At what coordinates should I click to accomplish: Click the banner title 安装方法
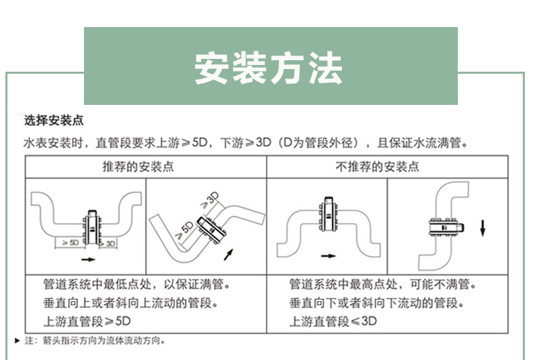[268, 68]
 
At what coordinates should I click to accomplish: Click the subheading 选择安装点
[54, 120]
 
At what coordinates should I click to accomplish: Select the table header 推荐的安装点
[138, 166]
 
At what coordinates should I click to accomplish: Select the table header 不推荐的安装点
[377, 166]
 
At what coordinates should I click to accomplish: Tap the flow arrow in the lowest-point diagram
[88, 259]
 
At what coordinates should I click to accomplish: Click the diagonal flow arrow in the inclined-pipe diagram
[229, 254]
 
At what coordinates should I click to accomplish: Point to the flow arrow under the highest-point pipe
[328, 256]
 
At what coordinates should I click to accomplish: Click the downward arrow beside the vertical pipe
[482, 228]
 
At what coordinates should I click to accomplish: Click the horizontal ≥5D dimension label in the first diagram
[70, 242]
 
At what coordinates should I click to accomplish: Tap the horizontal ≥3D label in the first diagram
[108, 244]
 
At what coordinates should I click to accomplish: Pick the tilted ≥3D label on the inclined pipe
[210, 200]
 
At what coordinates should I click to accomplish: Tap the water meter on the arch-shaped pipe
[328, 215]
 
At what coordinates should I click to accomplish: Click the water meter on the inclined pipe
[212, 229]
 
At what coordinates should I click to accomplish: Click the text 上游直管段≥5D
[87, 321]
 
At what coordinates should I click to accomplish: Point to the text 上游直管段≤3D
[333, 321]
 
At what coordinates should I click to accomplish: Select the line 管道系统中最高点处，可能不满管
[382, 284]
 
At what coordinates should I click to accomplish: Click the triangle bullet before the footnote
[18, 340]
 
